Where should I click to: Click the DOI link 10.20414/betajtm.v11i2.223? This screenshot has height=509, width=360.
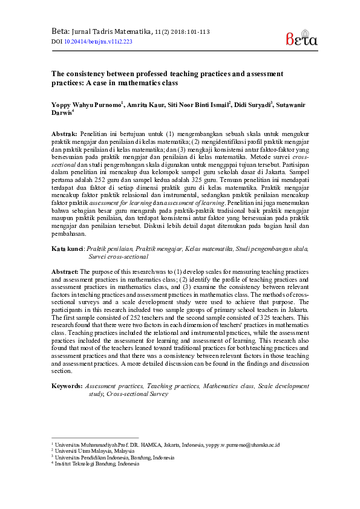(98, 42)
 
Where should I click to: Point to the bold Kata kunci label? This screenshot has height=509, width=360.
(67, 248)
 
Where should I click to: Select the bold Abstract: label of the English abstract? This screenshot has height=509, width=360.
(65, 272)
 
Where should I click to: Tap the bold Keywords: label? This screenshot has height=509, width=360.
(66, 385)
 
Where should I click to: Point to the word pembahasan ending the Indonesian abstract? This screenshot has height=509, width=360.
(69, 233)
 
